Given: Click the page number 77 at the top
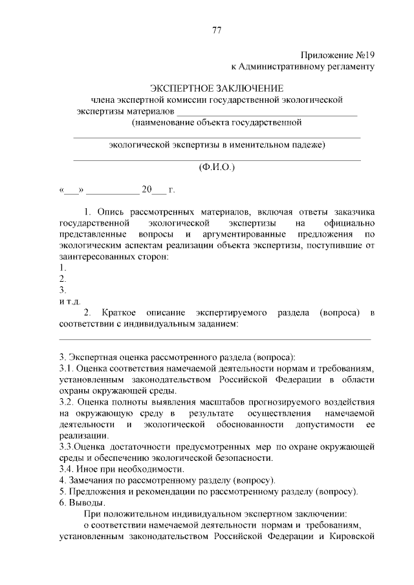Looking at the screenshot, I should [217, 30].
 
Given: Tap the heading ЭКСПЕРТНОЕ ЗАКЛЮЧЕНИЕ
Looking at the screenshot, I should [217, 88].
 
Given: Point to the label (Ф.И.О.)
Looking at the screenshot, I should [217, 167].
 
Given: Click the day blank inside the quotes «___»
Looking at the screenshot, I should [72, 190].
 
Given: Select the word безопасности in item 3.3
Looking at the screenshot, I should [241, 458].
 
